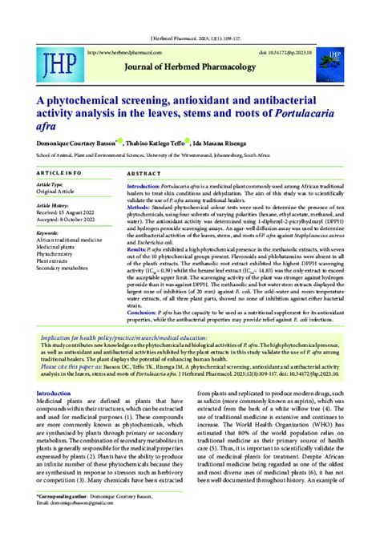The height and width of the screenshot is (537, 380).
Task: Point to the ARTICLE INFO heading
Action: tap(59, 172)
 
